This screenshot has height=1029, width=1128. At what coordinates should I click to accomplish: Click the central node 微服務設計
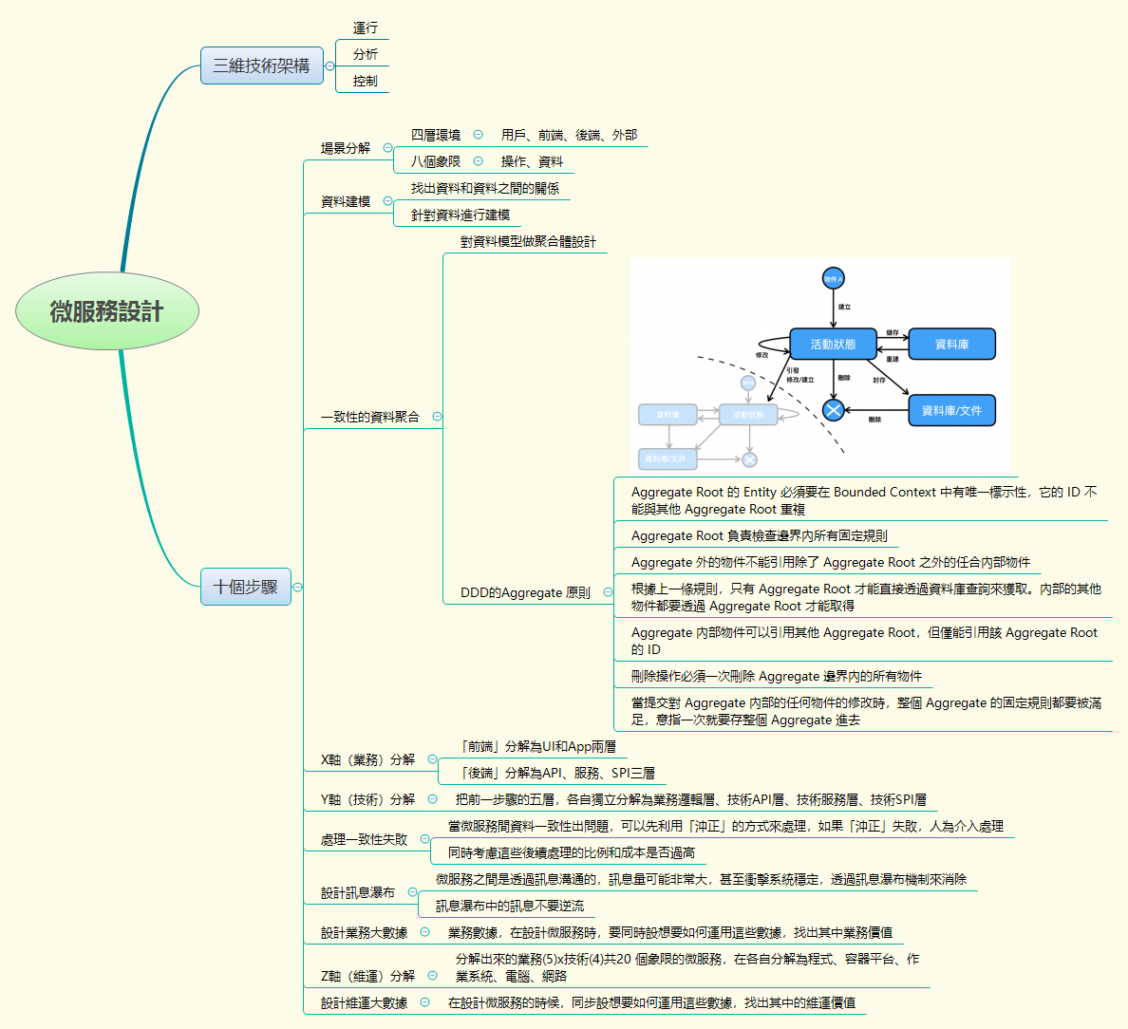pos(107,311)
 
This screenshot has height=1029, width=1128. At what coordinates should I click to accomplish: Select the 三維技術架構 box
pos(261,65)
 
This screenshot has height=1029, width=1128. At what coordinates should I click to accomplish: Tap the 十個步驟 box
pos(245,587)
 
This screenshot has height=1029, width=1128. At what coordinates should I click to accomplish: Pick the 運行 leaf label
pos(366,28)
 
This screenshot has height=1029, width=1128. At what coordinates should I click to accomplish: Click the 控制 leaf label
pos(366,82)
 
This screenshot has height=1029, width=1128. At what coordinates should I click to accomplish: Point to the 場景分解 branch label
pos(346,148)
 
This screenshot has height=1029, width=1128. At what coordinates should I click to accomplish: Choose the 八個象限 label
pos(436,161)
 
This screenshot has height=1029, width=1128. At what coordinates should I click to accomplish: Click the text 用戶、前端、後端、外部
pos(569,135)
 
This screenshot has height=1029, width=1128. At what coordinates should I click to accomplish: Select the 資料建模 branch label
pos(346,201)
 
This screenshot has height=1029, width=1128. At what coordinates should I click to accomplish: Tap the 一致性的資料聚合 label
pos(370,417)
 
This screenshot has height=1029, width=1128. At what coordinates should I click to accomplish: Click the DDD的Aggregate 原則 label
pos(525,592)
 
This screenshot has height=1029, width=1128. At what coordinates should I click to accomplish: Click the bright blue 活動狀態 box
pos(833,344)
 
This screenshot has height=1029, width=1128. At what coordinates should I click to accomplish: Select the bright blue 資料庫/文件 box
pos(951,410)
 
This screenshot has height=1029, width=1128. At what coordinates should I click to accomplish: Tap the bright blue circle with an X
pos(833,410)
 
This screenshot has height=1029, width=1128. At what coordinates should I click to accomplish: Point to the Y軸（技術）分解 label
pos(368,799)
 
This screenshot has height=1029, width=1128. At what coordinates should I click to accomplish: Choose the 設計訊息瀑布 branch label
pos(358,892)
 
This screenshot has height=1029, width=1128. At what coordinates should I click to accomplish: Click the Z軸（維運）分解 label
pos(368,975)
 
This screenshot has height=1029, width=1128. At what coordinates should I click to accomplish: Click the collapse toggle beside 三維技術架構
pos(329,65)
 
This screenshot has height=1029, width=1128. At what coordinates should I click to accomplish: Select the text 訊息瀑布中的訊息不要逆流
pos(510,906)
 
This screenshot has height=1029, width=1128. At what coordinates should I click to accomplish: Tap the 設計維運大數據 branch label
pos(364,1002)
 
